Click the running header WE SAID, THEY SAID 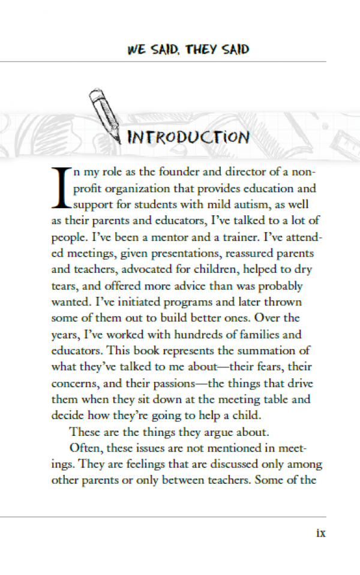(188, 49)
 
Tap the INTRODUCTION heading (188, 137)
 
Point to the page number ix (320, 532)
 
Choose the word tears (64, 286)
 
